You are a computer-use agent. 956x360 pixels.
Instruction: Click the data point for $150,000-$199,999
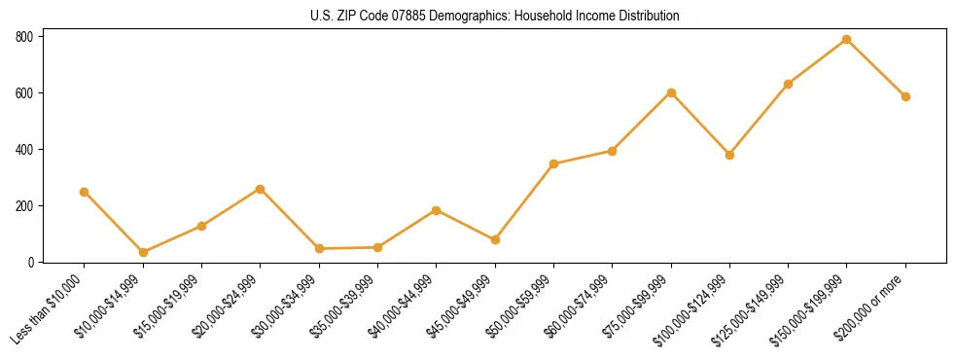[846, 39]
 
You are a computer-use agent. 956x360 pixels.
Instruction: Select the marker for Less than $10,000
[85, 192]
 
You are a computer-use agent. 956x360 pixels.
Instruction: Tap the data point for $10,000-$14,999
[143, 252]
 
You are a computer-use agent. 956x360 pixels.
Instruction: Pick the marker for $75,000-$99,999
[671, 92]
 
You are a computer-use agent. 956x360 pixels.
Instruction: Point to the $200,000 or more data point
[905, 96]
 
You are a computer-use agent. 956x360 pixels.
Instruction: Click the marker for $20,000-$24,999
[260, 189]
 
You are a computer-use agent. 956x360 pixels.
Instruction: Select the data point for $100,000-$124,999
[729, 155]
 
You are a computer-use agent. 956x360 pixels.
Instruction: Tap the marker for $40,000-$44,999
[436, 210]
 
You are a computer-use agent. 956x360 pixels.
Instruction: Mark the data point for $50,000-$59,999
[553, 163]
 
